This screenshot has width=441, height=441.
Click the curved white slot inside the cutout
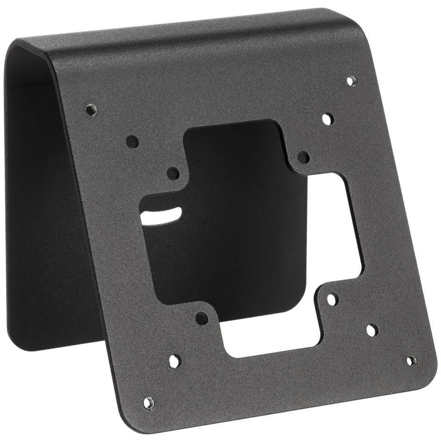pyautogui.click(x=161, y=216)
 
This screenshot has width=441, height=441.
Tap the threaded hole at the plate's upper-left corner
pyautogui.click(x=91, y=110)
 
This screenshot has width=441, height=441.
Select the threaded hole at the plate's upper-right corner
pyautogui.click(x=352, y=81)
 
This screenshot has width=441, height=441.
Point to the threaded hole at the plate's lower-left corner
pyautogui.click(x=148, y=402)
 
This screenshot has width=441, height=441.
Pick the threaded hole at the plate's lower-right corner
pyautogui.click(x=411, y=360)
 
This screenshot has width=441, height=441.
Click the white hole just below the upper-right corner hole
pyautogui.click(x=328, y=119)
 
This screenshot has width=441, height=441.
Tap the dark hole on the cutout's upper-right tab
pyautogui.click(x=303, y=157)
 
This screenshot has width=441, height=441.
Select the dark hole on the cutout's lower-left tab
pyautogui.click(x=202, y=319)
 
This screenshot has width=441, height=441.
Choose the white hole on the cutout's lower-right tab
pyautogui.click(x=332, y=299)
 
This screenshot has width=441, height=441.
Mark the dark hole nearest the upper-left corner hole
pyautogui.click(x=132, y=141)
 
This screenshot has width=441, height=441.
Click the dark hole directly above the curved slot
pyautogui.click(x=173, y=174)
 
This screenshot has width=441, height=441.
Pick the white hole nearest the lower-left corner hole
pyautogui.click(x=175, y=361)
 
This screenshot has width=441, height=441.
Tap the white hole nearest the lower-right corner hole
pyautogui.click(x=371, y=330)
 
